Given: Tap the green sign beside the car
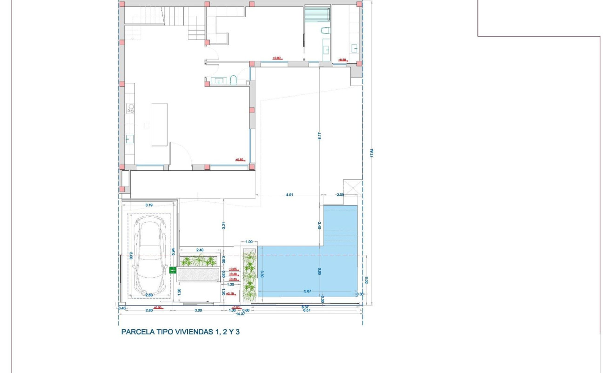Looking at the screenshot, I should point(173,270).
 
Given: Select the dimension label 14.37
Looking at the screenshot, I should point(240,314).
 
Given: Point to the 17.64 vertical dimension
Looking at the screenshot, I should point(371,153).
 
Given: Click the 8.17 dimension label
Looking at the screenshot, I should point(320,137).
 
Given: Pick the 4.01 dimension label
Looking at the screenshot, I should point(289,195).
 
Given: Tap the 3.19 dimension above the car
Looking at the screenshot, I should point(149,205).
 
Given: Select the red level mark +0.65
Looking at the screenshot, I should point(234,269).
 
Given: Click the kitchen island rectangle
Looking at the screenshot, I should point(159,124).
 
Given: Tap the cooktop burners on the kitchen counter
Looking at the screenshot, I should point(131,109).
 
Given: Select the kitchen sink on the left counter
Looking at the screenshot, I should point(130,138).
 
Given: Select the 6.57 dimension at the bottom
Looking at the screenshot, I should point(306,310).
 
